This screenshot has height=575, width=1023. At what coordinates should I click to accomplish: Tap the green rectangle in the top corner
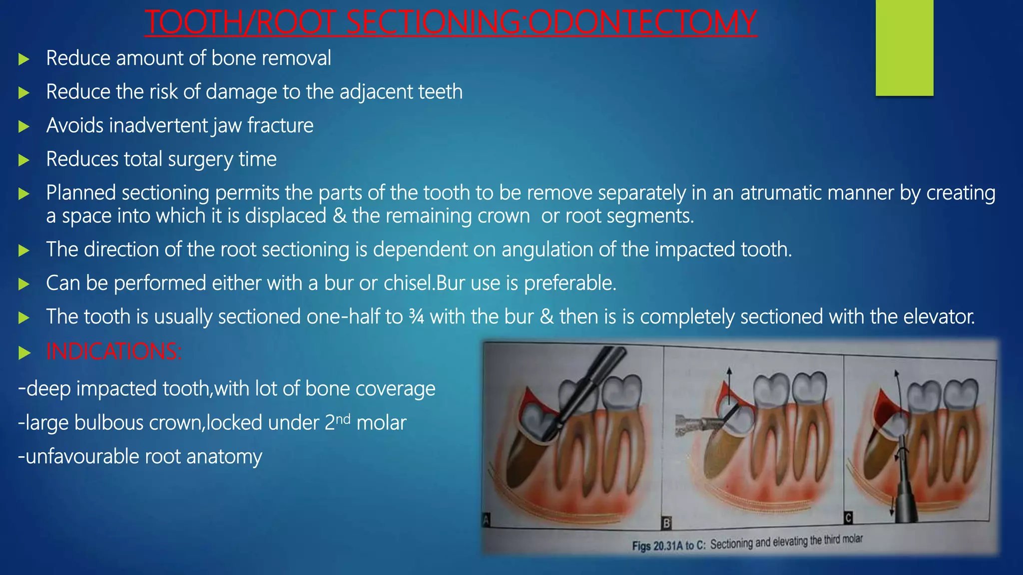tap(904, 47)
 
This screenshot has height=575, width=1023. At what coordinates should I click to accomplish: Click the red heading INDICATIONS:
tap(114, 351)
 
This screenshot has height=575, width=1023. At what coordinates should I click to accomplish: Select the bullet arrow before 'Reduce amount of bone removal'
tap(23, 59)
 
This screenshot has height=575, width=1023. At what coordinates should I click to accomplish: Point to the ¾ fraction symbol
tap(416, 317)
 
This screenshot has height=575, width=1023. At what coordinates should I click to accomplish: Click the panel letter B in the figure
tap(666, 523)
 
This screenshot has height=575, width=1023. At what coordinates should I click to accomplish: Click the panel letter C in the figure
tap(848, 518)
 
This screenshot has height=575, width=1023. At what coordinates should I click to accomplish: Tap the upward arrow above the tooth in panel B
tap(729, 382)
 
